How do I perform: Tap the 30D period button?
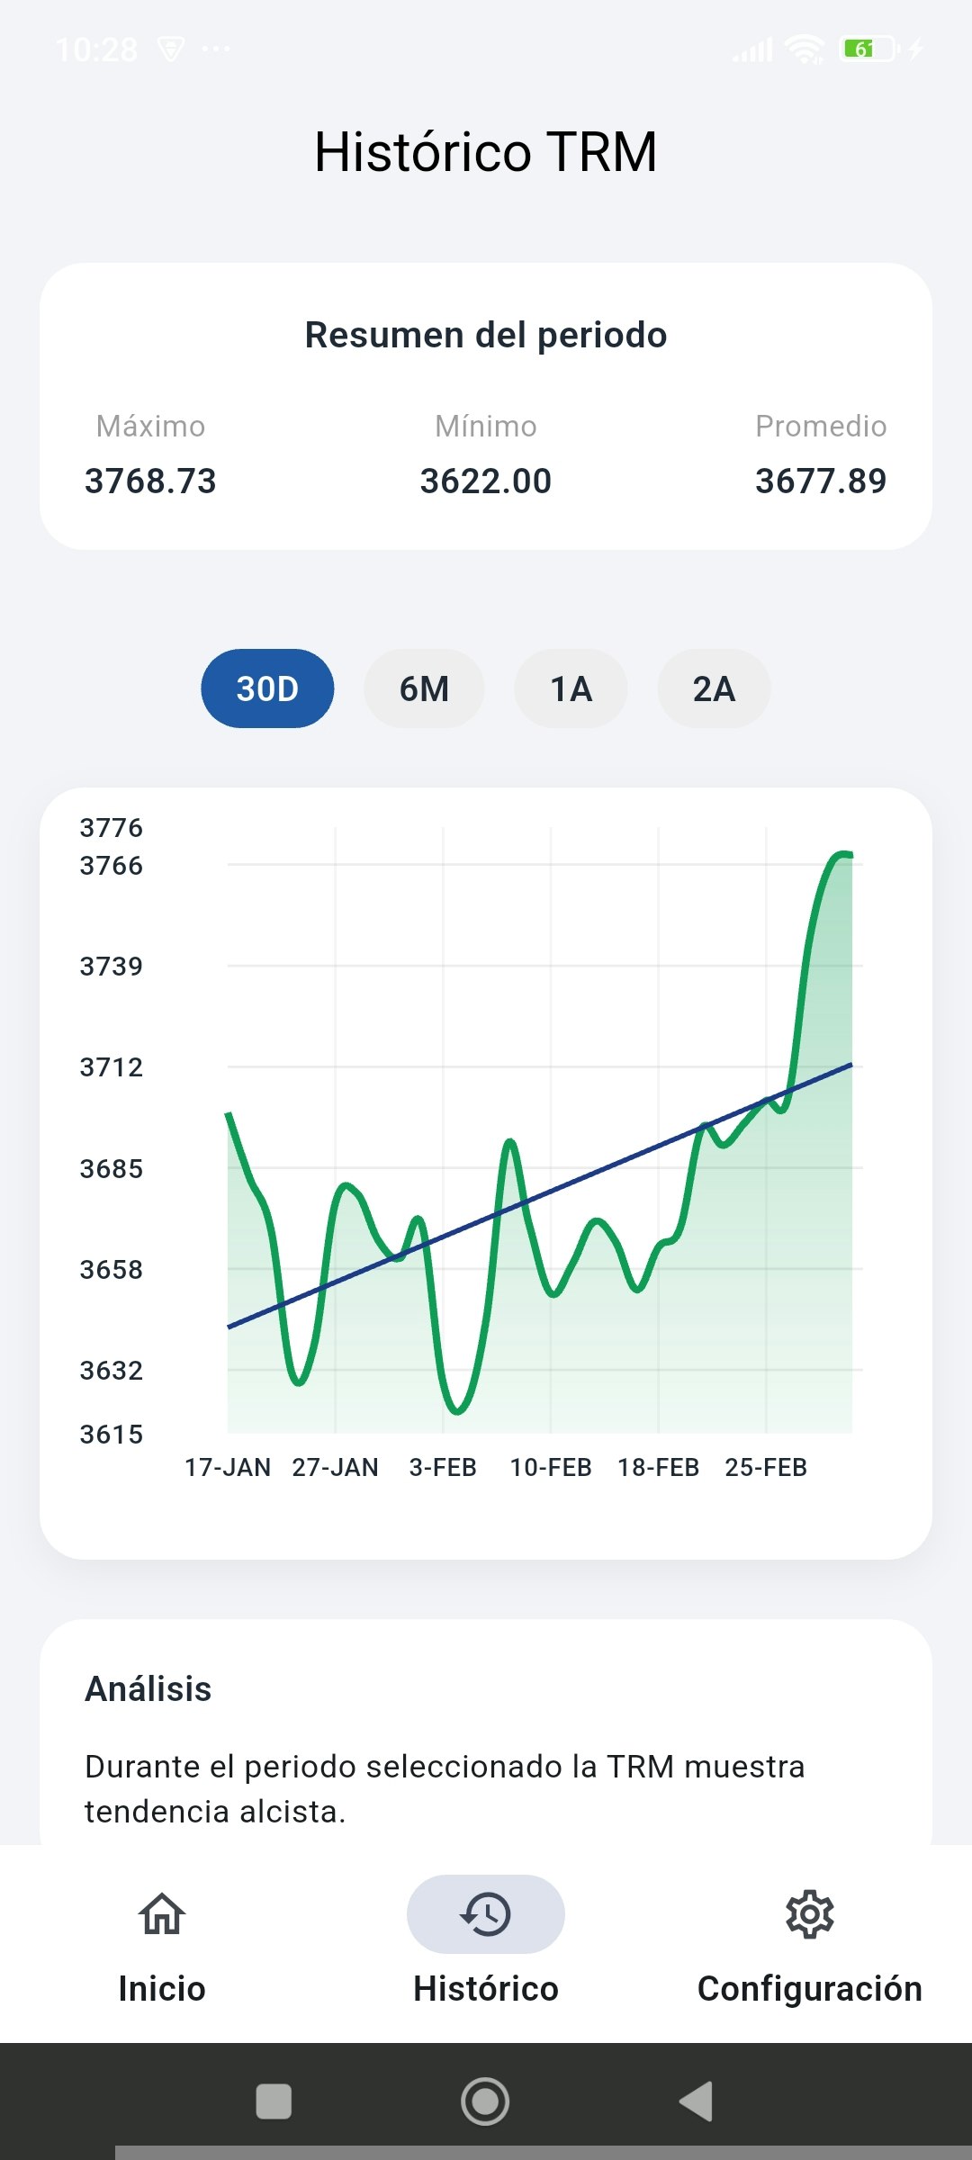click(x=267, y=688)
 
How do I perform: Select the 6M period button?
click(x=424, y=688)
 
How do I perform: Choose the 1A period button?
click(x=571, y=688)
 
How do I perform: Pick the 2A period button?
click(x=714, y=688)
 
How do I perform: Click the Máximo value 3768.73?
click(x=150, y=481)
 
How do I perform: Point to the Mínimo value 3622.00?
click(x=486, y=481)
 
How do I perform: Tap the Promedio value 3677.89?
click(x=821, y=481)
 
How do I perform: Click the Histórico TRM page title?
click(x=486, y=151)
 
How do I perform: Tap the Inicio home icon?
click(x=162, y=1913)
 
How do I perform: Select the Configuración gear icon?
click(x=810, y=1913)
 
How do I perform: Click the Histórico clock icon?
click(x=486, y=1913)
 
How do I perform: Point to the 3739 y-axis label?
click(x=112, y=966)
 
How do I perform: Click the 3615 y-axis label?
click(x=112, y=1434)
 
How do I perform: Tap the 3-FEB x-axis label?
click(x=443, y=1467)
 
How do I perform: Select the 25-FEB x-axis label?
click(x=766, y=1467)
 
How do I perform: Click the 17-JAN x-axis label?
click(x=228, y=1467)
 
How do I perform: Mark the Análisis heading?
click(x=148, y=1689)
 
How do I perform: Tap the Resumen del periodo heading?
click(x=486, y=335)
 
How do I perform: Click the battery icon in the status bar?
click(x=868, y=49)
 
